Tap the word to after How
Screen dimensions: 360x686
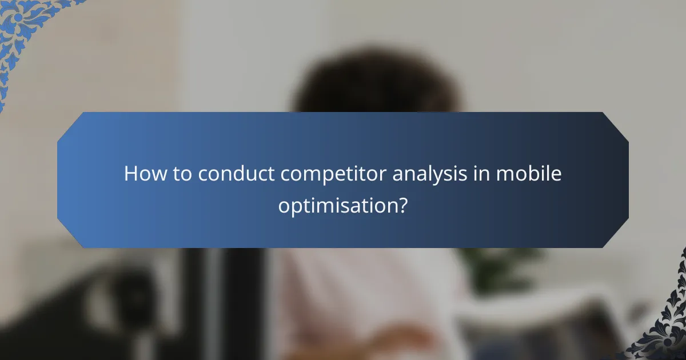point(182,174)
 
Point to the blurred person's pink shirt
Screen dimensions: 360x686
point(366,297)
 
